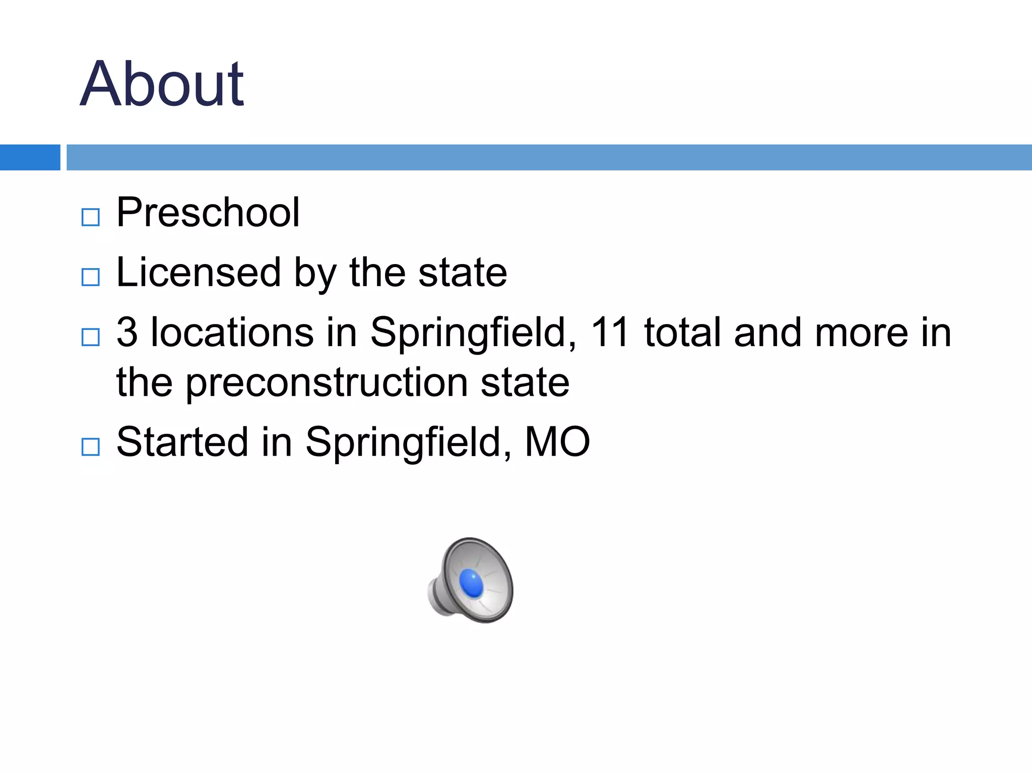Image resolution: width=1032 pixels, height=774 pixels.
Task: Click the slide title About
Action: [162, 84]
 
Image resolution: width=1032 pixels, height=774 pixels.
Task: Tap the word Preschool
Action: [208, 213]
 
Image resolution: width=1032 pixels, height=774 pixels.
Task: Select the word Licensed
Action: [199, 273]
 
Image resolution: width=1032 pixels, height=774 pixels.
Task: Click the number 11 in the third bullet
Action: [610, 333]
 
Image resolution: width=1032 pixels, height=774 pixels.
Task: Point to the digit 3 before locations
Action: [127, 333]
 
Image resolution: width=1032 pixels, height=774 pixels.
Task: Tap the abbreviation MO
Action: [557, 442]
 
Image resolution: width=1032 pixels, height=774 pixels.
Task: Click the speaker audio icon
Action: [471, 580]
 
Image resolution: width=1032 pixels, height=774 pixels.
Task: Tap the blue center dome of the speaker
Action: [472, 583]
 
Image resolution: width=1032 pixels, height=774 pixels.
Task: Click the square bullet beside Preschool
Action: [91, 218]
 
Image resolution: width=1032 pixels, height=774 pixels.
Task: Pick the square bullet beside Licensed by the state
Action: [91, 277]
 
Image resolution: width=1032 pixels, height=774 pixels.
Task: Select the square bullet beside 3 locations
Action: [91, 337]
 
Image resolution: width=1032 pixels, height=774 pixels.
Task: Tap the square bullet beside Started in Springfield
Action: [91, 447]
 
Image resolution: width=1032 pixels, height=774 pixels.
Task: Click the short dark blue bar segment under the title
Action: [30, 157]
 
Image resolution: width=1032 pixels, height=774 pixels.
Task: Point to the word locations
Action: [232, 333]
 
